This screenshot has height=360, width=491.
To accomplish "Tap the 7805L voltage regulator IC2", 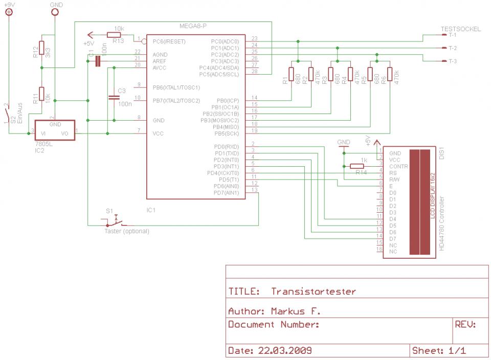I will tap(55, 130).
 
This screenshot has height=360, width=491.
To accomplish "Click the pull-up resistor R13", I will tap(114, 35).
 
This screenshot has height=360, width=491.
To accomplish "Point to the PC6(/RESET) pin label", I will tap(169, 41).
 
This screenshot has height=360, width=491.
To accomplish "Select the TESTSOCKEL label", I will tap(460, 29).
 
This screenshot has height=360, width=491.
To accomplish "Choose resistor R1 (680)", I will tap(292, 74).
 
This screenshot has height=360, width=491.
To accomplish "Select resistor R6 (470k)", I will tap(390, 74).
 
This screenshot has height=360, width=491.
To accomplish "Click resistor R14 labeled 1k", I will tap(357, 166).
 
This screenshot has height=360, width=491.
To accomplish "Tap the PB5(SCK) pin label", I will tap(228, 133).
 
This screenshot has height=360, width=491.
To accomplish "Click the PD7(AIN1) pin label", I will tap(227, 193).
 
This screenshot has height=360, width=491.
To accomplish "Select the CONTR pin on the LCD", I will tap(399, 166).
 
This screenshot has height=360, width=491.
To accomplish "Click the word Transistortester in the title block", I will tap(313, 291).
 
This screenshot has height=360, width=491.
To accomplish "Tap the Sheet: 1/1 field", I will tap(442, 351).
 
